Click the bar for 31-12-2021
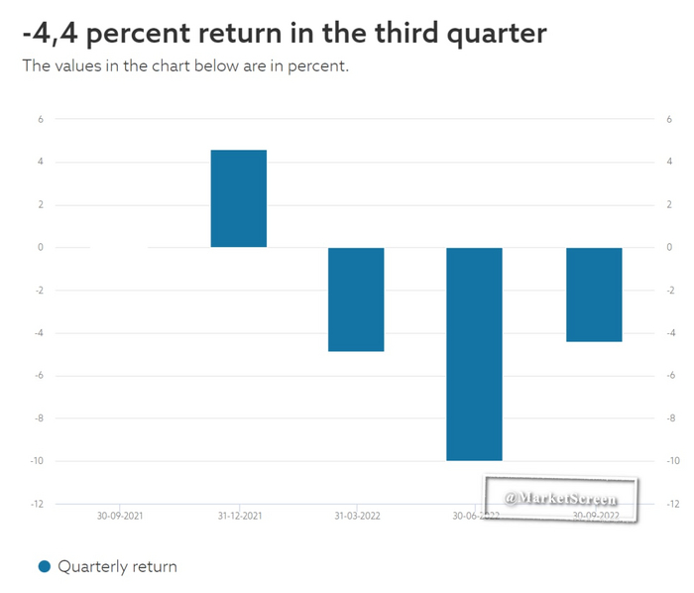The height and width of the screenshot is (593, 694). point(238,198)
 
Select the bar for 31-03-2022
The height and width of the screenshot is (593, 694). point(356,298)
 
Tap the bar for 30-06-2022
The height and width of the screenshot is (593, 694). point(474,353)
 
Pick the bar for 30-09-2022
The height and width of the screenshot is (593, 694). point(594,294)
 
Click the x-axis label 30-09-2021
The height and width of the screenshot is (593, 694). point(119,516)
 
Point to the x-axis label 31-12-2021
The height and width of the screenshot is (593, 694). point(238,516)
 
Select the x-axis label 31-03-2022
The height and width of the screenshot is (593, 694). point(356,516)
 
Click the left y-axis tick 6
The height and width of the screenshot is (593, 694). point(41,120)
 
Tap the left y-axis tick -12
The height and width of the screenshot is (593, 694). point(38,504)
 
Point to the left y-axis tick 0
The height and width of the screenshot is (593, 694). point(41,248)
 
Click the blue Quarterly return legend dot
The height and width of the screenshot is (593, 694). point(45,568)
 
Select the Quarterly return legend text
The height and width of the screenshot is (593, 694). point(117,568)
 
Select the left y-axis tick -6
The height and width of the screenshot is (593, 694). point(39,376)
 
